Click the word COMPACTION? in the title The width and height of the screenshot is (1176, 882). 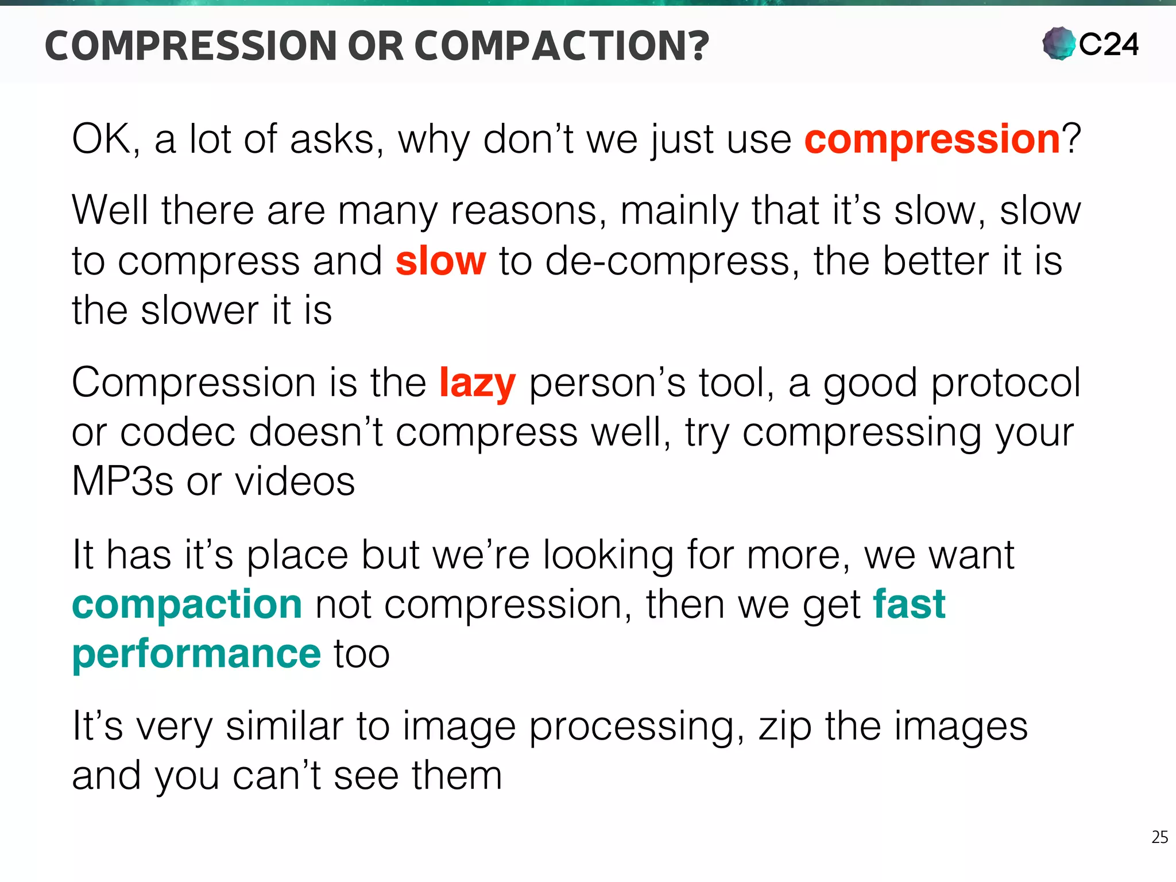click(562, 46)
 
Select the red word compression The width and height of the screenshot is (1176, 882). click(932, 140)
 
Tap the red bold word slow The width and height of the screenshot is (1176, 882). click(440, 261)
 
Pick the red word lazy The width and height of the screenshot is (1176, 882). click(477, 384)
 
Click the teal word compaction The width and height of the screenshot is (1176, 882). click(187, 605)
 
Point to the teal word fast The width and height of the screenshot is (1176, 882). click(909, 605)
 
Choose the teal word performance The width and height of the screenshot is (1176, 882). click(196, 654)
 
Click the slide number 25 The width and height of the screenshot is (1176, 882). click(1159, 837)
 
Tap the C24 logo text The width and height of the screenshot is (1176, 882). click(1108, 45)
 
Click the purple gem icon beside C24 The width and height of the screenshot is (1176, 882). click(1058, 44)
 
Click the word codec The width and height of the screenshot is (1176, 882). click(177, 432)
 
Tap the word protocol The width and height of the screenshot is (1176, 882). click(1005, 384)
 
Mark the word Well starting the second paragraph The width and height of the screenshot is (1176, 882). click(110, 211)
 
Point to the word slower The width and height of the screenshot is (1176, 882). click(200, 311)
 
